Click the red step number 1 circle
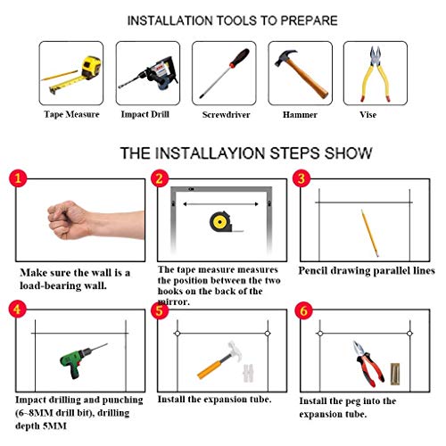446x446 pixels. (x=18, y=178)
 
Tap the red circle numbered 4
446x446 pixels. (x=17, y=309)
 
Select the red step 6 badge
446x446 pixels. (x=303, y=310)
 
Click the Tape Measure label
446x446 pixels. (x=71, y=114)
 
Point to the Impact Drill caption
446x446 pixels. (x=145, y=114)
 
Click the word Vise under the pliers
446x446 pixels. (x=368, y=115)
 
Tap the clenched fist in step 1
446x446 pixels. (x=69, y=220)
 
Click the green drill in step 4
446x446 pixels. (x=80, y=360)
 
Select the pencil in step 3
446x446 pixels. (x=370, y=233)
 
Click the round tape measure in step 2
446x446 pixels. (x=220, y=222)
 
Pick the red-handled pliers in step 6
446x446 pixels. (x=368, y=363)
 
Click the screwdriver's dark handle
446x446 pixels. (x=240, y=57)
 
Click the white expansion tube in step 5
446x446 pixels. (x=248, y=373)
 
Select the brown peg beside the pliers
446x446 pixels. (x=395, y=374)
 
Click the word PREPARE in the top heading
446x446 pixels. (x=310, y=21)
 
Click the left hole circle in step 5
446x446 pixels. (x=178, y=334)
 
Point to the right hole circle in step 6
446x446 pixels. (x=409, y=334)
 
